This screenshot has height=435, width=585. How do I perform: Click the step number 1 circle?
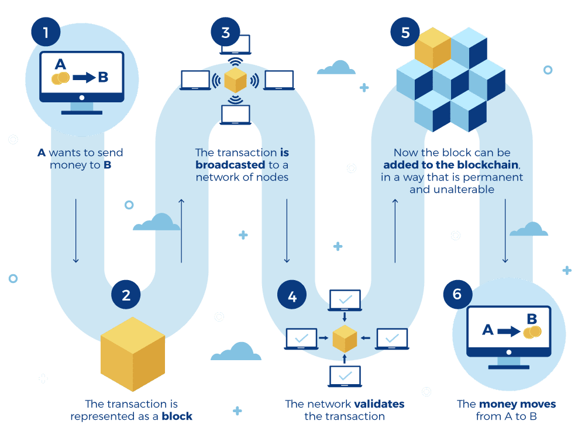point(46,32)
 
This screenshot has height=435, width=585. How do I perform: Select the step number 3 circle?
point(226,32)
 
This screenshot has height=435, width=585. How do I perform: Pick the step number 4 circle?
point(292,296)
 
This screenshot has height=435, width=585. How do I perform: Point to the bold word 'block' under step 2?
point(177,416)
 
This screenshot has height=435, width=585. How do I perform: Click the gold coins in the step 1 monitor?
point(61,78)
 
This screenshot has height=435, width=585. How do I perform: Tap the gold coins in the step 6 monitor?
point(532,332)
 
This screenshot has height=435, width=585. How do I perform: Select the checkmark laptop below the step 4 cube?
point(345,376)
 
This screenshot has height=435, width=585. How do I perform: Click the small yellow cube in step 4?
point(345,338)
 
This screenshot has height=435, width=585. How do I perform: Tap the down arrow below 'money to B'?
point(75,231)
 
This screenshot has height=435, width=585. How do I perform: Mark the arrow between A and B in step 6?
point(508,332)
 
